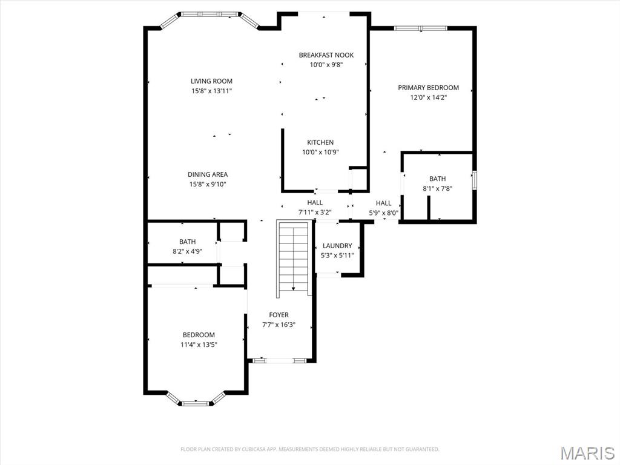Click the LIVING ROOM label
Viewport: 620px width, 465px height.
pos(211,81)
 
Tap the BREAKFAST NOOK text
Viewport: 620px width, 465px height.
pos(326,55)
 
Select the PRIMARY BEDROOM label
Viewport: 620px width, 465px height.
pos(428,88)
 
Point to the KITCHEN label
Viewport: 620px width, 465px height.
pos(320,142)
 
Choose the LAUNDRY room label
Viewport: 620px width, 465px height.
pos(337,245)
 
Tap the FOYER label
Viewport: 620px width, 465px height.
pos(279,315)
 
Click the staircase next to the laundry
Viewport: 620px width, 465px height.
pos(294,258)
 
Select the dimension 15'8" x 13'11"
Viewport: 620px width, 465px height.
pos(211,91)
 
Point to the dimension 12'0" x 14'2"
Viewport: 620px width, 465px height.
pos(428,97)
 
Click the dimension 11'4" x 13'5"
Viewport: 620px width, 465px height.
pos(199,345)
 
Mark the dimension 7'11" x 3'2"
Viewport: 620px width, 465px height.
pos(314,213)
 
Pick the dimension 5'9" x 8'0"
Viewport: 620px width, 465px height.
pos(383,213)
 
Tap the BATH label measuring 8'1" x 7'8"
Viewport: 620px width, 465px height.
pos(437,179)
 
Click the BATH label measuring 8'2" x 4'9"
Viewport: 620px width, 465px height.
pos(187,242)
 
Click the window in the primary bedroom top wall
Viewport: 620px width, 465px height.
pos(420,28)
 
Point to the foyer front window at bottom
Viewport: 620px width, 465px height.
pos(279,361)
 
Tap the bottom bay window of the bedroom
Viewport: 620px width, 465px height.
pos(196,402)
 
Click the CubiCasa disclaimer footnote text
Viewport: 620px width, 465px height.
pos(309,449)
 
